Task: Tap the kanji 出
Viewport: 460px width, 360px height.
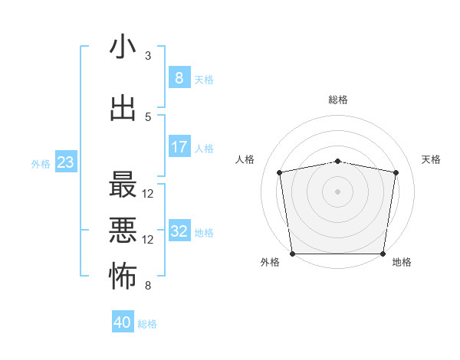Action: click(x=123, y=109)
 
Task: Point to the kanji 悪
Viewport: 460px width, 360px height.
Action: click(x=123, y=231)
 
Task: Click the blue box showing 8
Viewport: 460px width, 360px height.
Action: click(x=179, y=78)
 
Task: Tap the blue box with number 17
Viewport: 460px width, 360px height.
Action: click(x=179, y=147)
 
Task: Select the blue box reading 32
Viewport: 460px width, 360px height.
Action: click(x=179, y=232)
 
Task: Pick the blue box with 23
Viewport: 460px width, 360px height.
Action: click(x=65, y=162)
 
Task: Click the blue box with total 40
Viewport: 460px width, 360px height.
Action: click(x=123, y=322)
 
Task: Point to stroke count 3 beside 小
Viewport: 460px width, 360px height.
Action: click(x=148, y=56)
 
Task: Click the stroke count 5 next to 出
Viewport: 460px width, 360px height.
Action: click(x=148, y=116)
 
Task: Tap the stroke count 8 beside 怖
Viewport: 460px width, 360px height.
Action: click(x=148, y=286)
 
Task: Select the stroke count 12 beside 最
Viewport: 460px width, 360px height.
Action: click(x=148, y=193)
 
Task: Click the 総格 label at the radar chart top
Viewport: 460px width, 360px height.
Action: click(x=338, y=100)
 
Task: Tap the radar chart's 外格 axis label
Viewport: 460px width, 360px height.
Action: click(x=270, y=262)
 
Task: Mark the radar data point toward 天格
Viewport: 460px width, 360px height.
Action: click(x=396, y=172)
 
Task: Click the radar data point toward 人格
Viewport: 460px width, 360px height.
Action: click(x=280, y=172)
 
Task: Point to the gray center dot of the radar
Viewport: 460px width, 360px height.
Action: click(x=338, y=191)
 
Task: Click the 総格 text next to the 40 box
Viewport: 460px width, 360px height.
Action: click(x=148, y=324)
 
